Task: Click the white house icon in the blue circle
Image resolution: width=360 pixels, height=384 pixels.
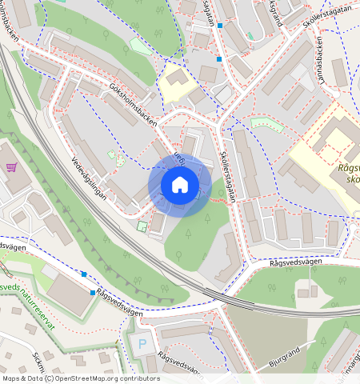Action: [180, 185]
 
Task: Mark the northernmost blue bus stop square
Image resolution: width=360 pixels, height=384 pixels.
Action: [220, 26]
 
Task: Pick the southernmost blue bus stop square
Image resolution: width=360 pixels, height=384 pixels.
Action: [94, 293]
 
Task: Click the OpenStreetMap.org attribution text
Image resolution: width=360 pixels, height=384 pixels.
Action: [111, 378]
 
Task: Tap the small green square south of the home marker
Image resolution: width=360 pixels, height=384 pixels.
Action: [142, 227]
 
